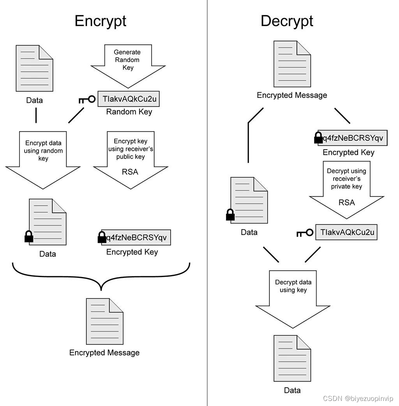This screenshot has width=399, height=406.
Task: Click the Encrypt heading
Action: coord(100,21)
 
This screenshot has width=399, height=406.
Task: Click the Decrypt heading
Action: coord(287,21)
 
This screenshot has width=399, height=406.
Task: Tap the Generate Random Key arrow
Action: coord(128,64)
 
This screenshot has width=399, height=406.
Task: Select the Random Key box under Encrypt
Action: coord(129,99)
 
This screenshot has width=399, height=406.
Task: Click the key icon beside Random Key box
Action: coord(87,100)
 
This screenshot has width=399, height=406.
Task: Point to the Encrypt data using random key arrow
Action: coord(43,158)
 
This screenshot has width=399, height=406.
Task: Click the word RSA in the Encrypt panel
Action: coord(130,172)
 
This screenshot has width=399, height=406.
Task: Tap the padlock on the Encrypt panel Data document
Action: coord(29,236)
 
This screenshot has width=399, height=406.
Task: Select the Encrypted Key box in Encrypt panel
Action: coord(136,237)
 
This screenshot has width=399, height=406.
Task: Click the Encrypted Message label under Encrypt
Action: coord(104,353)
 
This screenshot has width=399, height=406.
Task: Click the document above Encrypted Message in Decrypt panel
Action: coord(292,64)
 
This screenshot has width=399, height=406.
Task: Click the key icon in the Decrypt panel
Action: coord(305,233)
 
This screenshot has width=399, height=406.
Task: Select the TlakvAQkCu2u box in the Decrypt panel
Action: coord(346,232)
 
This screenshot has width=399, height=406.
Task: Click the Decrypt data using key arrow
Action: coord(293,296)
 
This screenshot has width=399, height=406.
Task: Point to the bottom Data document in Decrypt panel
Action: coord(292,358)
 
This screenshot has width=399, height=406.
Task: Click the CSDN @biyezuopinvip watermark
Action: coord(358,399)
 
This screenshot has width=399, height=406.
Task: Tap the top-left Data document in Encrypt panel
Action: coord(34,68)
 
